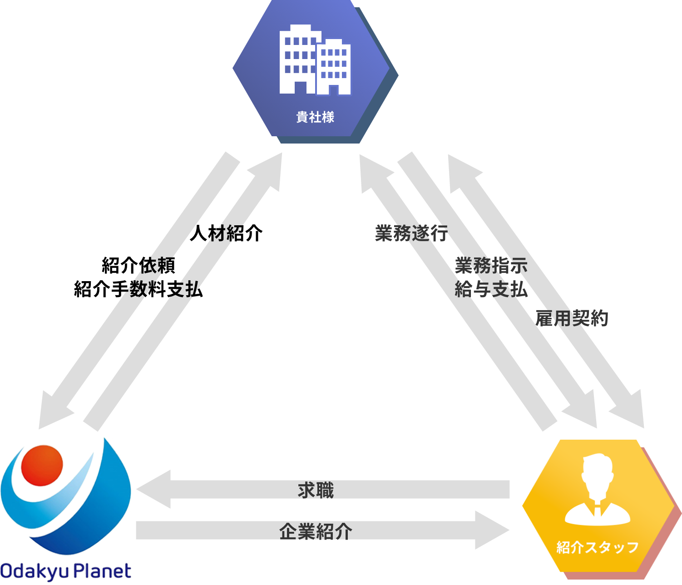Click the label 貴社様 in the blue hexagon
[315, 117]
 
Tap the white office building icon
[315, 60]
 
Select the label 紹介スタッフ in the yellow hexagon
[598, 547]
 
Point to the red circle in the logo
[42, 465]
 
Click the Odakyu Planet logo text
[66, 571]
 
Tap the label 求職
[316, 491]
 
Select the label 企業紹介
[316, 531]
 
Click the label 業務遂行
[411, 233]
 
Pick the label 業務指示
[491, 265]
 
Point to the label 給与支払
[491, 289]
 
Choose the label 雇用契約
[572, 318]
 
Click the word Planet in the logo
[103, 571]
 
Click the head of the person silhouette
[598, 472]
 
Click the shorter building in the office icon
[333, 67]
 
